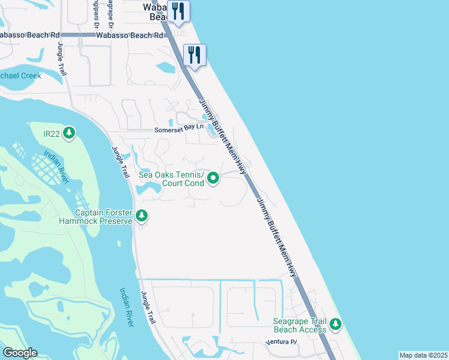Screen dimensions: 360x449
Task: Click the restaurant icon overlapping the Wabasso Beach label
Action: (178, 11)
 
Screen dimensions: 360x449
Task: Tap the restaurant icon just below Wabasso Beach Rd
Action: (194, 56)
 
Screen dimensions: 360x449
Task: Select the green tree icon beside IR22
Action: (69, 133)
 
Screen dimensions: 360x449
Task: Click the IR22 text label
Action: (52, 133)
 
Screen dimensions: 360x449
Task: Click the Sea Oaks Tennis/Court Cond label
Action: (172, 179)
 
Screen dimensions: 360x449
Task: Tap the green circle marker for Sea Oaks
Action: (214, 178)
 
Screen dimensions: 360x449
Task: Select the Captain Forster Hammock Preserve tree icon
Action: (142, 215)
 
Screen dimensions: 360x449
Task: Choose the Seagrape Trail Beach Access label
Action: (300, 325)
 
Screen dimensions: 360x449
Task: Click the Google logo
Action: (20, 353)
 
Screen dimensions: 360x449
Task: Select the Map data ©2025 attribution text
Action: (423, 355)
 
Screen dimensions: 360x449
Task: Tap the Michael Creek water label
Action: (20, 76)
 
